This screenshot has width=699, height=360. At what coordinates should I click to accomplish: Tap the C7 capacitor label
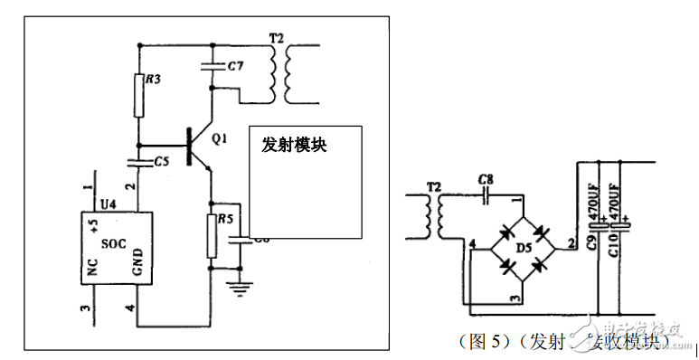click(x=234, y=66)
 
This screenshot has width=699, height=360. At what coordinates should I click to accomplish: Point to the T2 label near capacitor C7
click(x=277, y=39)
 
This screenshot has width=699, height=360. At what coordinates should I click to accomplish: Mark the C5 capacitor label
click(x=162, y=161)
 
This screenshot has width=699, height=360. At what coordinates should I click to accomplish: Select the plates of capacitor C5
click(x=138, y=162)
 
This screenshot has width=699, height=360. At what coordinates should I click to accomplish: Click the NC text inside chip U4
click(x=92, y=268)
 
